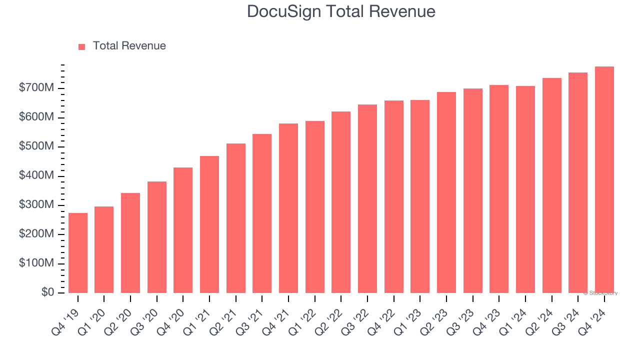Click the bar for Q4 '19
78,253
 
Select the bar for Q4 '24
604,180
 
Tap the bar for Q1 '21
209,224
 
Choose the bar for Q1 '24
525,189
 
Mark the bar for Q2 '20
130,243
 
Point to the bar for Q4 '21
288,208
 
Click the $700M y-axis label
36,88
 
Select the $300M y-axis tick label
36,205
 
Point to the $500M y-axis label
36,147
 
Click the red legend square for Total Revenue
82,46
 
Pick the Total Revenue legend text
129,46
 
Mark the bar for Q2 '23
446,192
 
